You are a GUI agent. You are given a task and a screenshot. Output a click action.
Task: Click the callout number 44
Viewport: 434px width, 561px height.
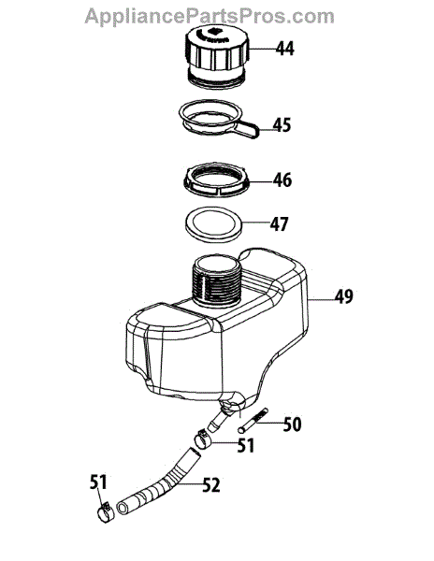click(284, 49)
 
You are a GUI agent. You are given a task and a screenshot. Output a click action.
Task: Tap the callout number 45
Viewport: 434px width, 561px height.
click(282, 125)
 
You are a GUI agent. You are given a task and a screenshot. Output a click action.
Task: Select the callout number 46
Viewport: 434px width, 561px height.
click(282, 180)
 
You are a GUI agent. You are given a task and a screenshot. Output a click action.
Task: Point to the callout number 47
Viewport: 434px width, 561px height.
click(279, 224)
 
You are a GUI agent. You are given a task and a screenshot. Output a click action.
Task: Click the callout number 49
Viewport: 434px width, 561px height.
click(344, 296)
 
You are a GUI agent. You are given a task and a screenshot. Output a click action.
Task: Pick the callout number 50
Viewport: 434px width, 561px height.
click(293, 424)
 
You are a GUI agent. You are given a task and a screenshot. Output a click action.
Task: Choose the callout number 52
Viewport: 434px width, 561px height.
click(211, 485)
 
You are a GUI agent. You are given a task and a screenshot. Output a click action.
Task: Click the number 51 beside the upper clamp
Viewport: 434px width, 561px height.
click(246, 445)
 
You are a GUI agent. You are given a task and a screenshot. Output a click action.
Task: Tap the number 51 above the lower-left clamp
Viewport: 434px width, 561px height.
click(98, 482)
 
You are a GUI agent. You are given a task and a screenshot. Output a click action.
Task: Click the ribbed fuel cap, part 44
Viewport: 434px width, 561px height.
click(217, 57)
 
